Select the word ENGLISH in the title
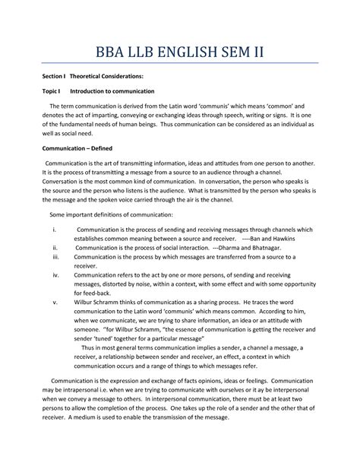click(196, 54)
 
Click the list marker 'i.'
click(52, 228)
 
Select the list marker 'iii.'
click(54, 258)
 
